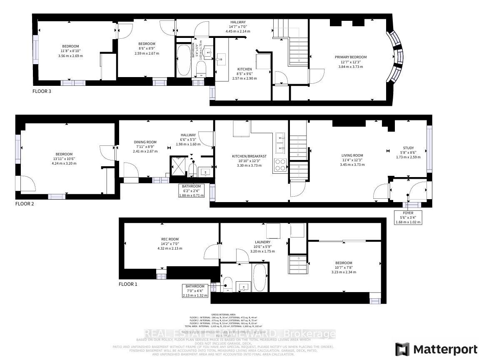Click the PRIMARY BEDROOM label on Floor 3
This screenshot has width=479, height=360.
(x=351, y=57)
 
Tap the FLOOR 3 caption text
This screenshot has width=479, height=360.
(x=42, y=91)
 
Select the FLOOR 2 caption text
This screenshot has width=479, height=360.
(x=25, y=204)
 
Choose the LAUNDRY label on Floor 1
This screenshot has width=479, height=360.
(x=262, y=242)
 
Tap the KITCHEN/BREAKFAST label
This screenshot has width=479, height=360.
(x=249, y=157)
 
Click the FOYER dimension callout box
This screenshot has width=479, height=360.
(x=408, y=217)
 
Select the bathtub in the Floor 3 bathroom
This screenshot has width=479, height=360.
(x=184, y=60)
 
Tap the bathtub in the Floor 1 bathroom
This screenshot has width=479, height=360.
(x=259, y=277)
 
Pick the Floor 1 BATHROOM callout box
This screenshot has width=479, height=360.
(x=195, y=291)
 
